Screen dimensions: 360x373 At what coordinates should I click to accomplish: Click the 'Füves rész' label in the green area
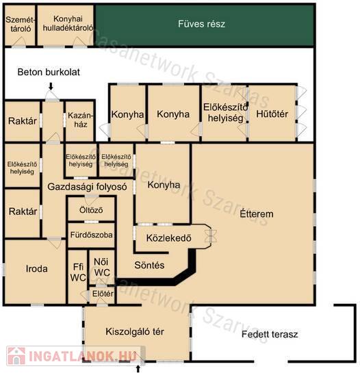(x=201, y=24)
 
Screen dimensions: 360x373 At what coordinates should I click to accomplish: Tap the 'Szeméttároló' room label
(x=21, y=24)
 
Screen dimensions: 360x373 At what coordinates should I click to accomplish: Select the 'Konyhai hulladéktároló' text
(x=68, y=23)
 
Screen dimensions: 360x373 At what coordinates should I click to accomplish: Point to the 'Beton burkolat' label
(x=49, y=72)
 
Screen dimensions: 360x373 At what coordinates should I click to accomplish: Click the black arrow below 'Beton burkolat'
(x=51, y=86)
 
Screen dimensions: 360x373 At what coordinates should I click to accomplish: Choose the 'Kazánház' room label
(x=81, y=120)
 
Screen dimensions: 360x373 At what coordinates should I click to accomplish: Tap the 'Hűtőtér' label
(x=272, y=114)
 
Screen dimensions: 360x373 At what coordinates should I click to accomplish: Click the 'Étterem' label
(x=256, y=214)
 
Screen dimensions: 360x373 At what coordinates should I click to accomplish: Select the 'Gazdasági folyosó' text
(x=87, y=187)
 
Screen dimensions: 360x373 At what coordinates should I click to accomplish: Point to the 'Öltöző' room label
(x=91, y=210)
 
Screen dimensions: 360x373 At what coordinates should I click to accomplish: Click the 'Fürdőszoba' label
(x=91, y=235)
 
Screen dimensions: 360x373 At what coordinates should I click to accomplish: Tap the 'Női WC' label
(x=101, y=267)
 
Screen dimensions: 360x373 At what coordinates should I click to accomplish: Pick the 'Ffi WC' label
(x=78, y=272)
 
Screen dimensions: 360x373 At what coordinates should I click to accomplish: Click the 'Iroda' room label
(x=37, y=269)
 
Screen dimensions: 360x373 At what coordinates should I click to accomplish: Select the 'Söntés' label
(x=149, y=265)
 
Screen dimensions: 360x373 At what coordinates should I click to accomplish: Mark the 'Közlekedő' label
(x=168, y=238)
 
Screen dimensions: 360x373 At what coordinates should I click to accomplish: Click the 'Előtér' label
(x=103, y=294)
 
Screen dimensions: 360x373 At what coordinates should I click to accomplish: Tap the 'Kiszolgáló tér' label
(x=135, y=332)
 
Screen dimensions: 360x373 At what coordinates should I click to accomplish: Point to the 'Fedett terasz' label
(x=270, y=334)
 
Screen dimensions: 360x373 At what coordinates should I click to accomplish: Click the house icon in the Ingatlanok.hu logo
(x=16, y=356)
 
